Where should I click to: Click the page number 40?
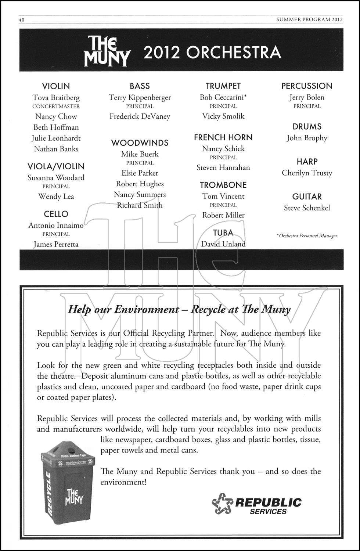point(21,19)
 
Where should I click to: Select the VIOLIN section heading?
point(56,86)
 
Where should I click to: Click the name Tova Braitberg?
point(56,98)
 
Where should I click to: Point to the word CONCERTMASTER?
point(56,107)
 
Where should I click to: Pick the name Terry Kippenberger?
point(140,98)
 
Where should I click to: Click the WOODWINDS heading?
point(140,143)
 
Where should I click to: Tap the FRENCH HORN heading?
point(223,137)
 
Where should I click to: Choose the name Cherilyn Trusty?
point(307,173)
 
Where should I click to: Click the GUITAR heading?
point(307,197)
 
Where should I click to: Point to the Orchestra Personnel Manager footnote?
point(307,236)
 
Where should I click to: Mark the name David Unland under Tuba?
point(223,244)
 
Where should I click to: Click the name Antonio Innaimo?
point(56,226)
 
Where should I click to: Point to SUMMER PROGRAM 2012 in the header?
point(309,19)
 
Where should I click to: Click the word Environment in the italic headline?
point(146,309)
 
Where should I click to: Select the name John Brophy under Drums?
point(307,138)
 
